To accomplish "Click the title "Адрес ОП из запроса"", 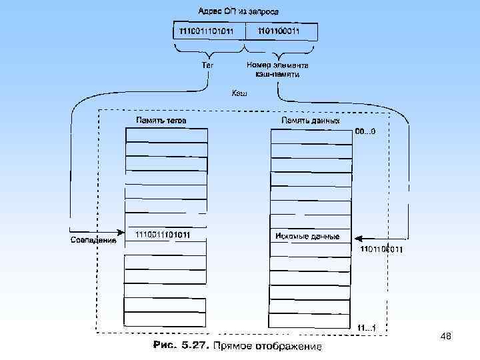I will [x=238, y=11].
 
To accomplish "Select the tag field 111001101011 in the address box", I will [x=208, y=32].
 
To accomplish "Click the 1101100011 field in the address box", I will [x=281, y=32].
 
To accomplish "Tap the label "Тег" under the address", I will [x=208, y=65].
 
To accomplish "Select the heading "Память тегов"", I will [x=161, y=121].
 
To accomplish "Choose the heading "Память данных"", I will [x=310, y=121].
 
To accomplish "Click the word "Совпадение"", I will [x=93, y=241].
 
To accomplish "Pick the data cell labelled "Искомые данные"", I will [x=310, y=237].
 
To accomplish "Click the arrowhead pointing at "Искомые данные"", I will [x=357, y=237].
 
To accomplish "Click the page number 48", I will [x=446, y=338].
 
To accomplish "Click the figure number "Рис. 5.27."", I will [x=181, y=346].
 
